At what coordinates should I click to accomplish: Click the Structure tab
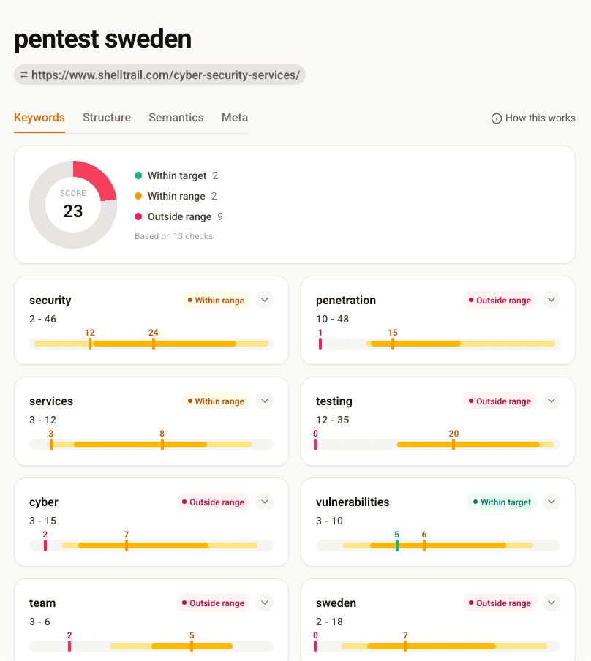pos(107,118)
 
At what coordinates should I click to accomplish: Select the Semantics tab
pos(176,118)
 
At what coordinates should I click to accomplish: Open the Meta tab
pos(235,118)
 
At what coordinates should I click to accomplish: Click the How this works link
pos(533,118)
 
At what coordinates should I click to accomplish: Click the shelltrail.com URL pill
pos(159,75)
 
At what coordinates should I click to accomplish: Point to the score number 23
pos(73,211)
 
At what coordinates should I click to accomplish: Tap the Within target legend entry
pos(176,175)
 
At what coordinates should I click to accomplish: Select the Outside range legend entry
pos(178,216)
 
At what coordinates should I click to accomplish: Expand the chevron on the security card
pos(265,300)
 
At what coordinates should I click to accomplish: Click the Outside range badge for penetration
pos(500,301)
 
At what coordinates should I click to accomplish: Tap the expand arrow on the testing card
pos(552,401)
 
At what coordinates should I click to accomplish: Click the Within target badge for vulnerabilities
pos(502,502)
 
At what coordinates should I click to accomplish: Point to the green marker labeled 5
pos(397,545)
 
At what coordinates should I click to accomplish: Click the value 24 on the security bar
pos(153,333)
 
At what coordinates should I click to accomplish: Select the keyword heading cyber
pos(44,502)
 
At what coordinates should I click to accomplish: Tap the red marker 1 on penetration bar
pos(320,343)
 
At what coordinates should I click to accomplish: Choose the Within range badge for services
pos(216,401)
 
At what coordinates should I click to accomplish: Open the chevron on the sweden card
pos(552,603)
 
